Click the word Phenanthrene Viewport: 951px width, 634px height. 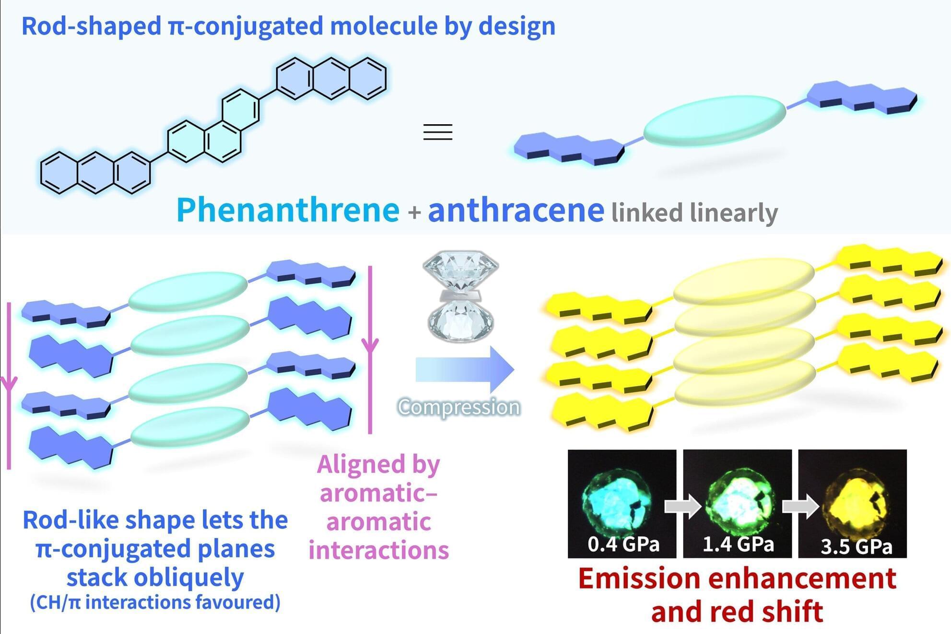[x=288, y=211]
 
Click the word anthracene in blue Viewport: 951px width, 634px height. [x=516, y=211]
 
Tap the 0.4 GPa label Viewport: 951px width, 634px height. [x=623, y=544]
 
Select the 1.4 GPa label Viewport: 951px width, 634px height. [x=739, y=544]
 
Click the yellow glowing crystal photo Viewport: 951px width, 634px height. [x=852, y=504]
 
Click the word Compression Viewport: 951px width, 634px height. [x=459, y=407]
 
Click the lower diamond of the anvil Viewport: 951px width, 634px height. [x=460, y=319]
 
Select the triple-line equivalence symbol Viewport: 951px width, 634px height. [x=438, y=132]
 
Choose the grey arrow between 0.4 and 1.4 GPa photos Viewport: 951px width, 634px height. [x=683, y=506]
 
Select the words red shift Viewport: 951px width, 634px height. [x=773, y=612]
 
